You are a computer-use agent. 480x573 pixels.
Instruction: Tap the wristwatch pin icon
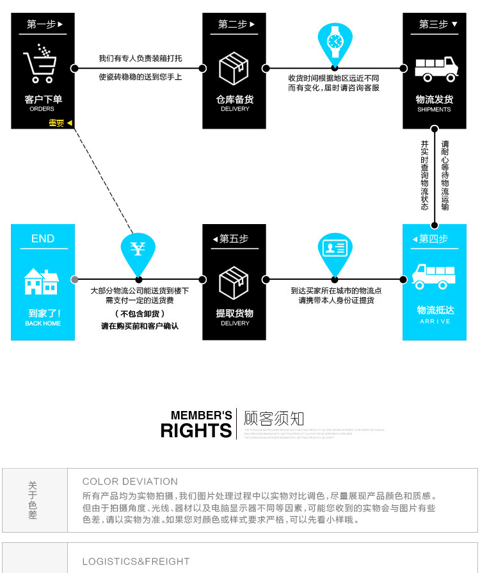(335, 40)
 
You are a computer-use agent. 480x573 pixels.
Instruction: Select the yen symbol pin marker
(138, 250)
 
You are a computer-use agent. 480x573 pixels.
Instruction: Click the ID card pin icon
(335, 250)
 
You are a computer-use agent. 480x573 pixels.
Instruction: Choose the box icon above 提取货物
(234, 282)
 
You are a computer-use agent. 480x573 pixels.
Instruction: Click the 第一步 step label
(44, 24)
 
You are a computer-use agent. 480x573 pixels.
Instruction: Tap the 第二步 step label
(236, 24)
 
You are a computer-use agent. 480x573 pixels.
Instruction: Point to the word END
(43, 239)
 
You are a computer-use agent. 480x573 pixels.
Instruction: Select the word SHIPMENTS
(434, 109)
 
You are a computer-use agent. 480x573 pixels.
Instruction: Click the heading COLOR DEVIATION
(130, 481)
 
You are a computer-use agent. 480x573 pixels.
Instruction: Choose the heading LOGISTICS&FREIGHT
(136, 561)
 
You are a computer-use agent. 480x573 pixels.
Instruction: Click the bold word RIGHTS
(196, 431)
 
